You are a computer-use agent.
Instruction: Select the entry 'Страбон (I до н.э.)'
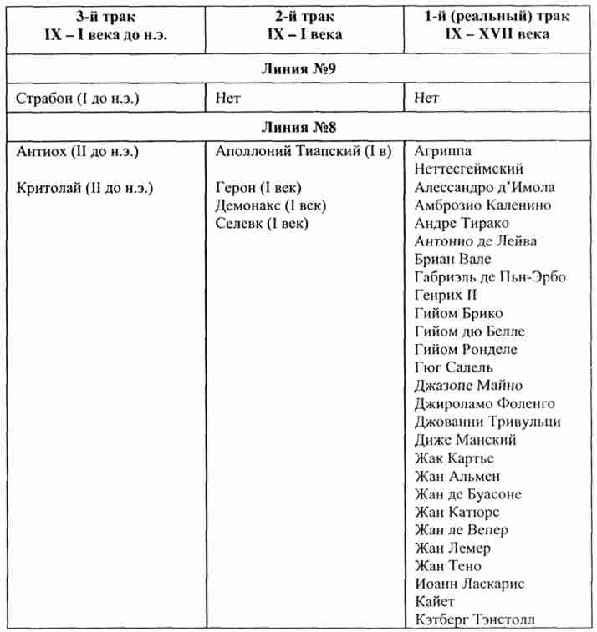click(x=79, y=99)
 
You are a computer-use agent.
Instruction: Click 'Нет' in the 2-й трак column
click(x=227, y=99)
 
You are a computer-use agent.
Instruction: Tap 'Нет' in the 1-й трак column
click(x=426, y=99)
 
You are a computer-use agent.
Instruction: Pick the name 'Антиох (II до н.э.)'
click(x=78, y=152)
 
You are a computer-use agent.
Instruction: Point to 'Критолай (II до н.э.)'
click(x=85, y=187)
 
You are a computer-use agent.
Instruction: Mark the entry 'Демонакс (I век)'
click(x=270, y=205)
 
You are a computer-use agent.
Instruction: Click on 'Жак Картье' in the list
click(x=454, y=458)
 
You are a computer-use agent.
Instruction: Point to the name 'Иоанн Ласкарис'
click(x=470, y=584)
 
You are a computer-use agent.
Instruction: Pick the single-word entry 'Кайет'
click(x=435, y=601)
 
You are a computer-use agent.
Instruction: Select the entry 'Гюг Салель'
click(x=454, y=367)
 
